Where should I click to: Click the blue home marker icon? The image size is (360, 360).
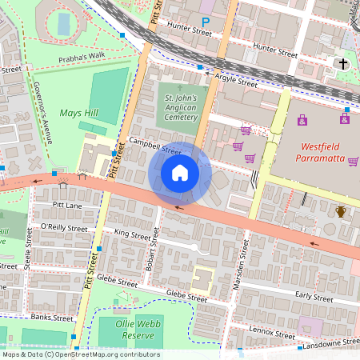click(180, 173)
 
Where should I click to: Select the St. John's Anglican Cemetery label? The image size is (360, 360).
click(180, 107)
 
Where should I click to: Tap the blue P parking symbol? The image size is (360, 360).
click(206, 23)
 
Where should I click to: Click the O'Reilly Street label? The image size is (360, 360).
click(64, 228)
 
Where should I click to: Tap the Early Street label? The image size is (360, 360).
click(314, 297)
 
